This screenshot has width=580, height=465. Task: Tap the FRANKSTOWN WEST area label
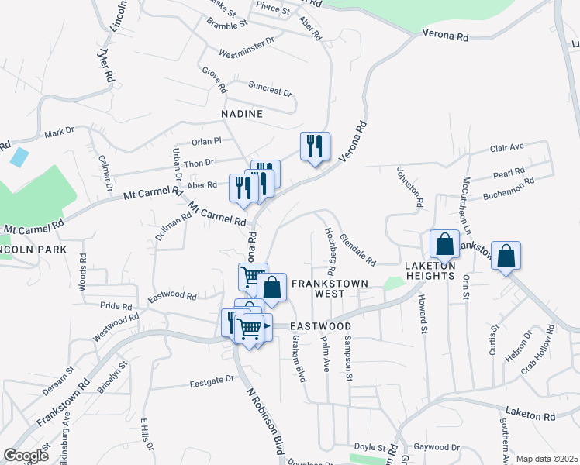pyautogui.click(x=329, y=288)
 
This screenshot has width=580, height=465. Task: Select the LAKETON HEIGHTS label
pyautogui.click(x=429, y=270)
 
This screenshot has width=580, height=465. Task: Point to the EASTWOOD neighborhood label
pyautogui.click(x=321, y=327)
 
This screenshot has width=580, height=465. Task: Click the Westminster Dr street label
pyautogui.click(x=247, y=46)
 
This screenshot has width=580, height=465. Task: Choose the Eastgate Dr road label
pyautogui.click(x=212, y=381)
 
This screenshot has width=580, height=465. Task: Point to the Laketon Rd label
pyautogui.click(x=530, y=415)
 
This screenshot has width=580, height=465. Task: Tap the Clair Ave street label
pyautogui.click(x=506, y=146)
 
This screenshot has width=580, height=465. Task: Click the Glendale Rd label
pyautogui.click(x=357, y=250)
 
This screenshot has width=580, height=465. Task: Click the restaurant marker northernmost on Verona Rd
pyautogui.click(x=315, y=146)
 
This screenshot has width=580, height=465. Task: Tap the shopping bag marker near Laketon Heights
pyautogui.click(x=445, y=243)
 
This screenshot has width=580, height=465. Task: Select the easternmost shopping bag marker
pyautogui.click(x=506, y=256)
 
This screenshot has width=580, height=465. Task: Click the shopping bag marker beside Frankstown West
pyautogui.click(x=272, y=288)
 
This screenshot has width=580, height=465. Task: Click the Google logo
pyautogui.click(x=26, y=456)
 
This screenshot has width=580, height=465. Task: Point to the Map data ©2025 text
pyautogui.click(x=547, y=459)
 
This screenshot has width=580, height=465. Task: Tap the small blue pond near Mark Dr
pyautogui.click(x=19, y=157)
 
